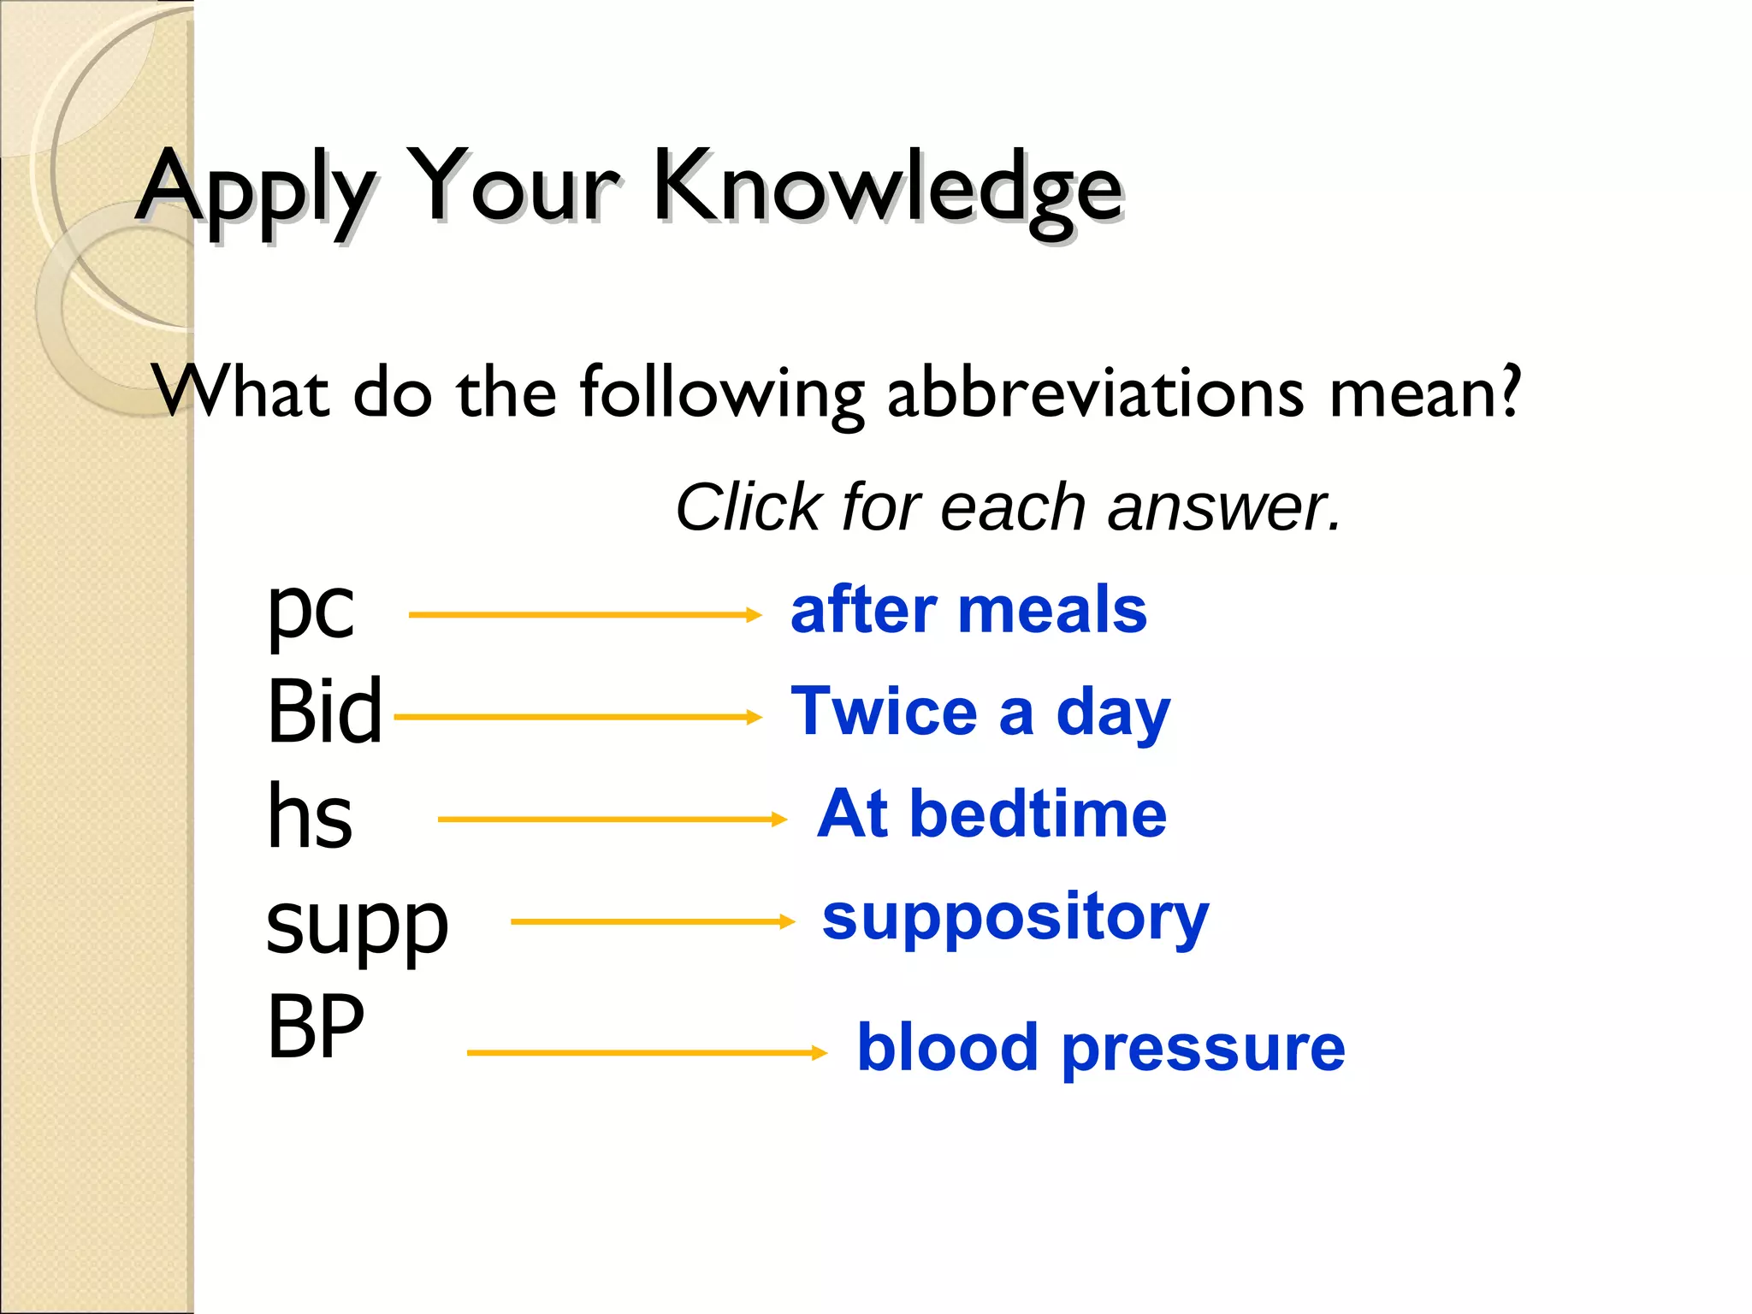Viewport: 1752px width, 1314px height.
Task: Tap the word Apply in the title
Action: (257, 190)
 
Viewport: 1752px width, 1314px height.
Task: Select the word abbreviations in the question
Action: (1095, 393)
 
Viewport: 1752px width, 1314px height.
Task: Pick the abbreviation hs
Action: (309, 817)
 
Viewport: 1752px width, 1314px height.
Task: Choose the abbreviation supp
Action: (357, 926)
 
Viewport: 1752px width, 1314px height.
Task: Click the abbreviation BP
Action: (315, 1027)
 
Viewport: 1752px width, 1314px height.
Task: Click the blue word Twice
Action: (884, 712)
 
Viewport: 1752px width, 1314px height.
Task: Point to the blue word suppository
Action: (1015, 918)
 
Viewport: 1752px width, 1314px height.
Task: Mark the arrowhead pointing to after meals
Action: (754, 614)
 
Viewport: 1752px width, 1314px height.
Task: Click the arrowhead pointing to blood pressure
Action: (820, 1052)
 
